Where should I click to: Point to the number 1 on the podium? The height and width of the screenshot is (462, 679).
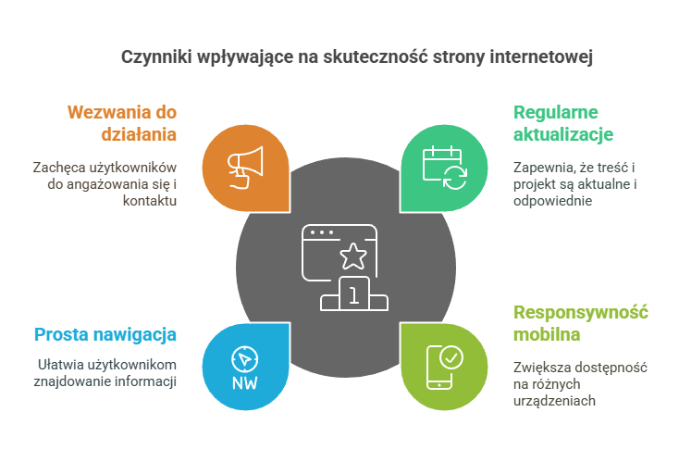click(x=352, y=295)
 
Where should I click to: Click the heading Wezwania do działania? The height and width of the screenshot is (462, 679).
click(x=122, y=122)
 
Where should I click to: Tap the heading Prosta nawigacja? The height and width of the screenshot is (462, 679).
click(x=105, y=334)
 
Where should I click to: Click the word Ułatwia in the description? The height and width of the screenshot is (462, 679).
click(x=60, y=364)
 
